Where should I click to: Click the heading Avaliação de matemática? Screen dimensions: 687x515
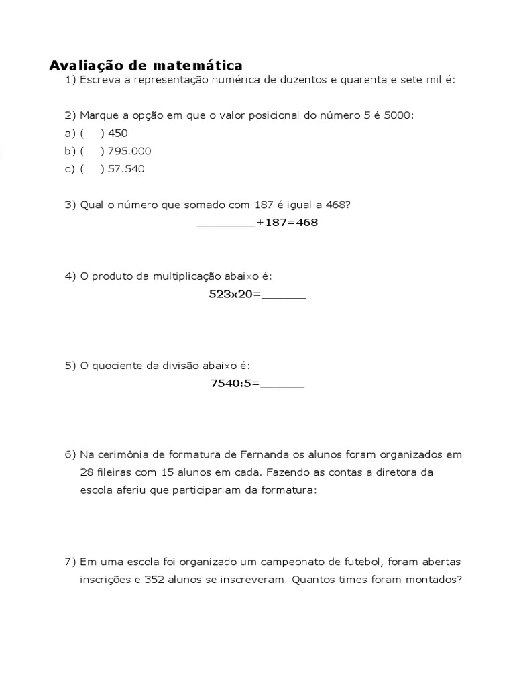pos(146,65)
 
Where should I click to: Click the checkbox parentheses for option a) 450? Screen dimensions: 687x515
pos(92,133)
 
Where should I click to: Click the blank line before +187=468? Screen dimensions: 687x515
pos(226,223)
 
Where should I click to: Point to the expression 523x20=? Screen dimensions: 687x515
pos(234,295)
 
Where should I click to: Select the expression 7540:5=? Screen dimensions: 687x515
pos(235,384)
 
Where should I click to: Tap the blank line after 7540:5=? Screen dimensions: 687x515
pos(282,385)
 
